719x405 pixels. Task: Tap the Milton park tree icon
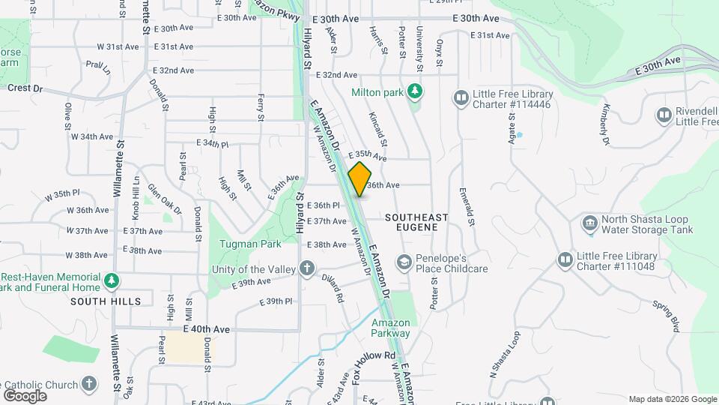point(413,91)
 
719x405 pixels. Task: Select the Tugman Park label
point(250,244)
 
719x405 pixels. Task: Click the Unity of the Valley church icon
point(306,268)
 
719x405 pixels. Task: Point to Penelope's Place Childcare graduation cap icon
point(404,262)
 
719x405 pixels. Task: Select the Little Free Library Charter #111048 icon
point(565,259)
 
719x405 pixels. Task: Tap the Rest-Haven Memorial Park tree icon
point(112,280)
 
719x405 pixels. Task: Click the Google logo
point(25,395)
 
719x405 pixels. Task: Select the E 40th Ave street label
point(206,328)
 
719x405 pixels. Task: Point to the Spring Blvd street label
point(664,316)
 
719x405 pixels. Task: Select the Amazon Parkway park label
point(391,328)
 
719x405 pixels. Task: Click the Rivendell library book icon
point(664,115)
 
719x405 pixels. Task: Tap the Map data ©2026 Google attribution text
point(672,399)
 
